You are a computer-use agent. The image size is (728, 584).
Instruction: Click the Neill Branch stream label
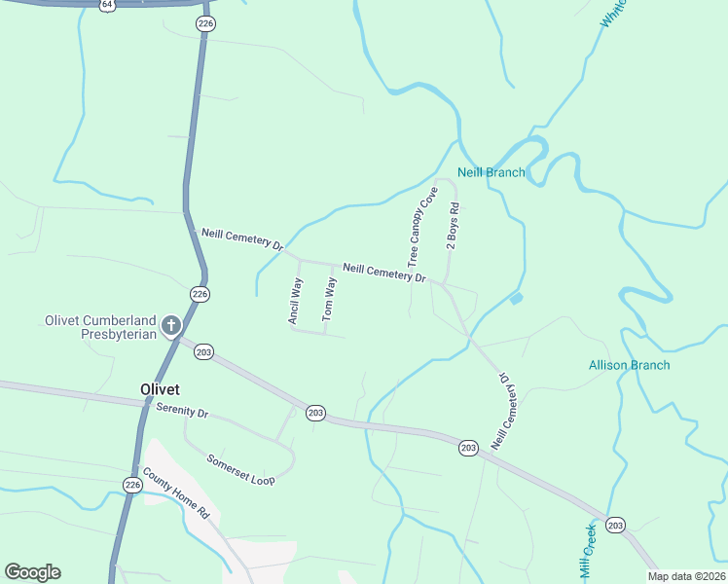coord(491,172)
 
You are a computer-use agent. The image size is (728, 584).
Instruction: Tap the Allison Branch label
coord(629,365)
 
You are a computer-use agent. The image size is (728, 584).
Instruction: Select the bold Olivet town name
coord(160,388)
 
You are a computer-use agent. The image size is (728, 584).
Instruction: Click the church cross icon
coord(171,324)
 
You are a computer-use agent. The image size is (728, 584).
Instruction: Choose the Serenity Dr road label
coord(182,413)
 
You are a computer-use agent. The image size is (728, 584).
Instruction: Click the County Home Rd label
coord(176,493)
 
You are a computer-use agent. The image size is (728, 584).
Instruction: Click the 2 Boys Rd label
coord(453,228)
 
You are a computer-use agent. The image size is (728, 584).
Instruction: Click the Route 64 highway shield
coord(106,5)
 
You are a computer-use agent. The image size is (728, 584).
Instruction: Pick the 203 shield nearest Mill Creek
coord(615,525)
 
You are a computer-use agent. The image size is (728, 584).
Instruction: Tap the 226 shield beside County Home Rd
coord(132,484)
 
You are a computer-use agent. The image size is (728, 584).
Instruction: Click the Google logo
coord(32,572)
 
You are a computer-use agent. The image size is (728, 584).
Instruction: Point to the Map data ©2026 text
coord(683,576)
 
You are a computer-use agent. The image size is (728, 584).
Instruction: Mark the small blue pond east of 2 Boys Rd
coord(515,298)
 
